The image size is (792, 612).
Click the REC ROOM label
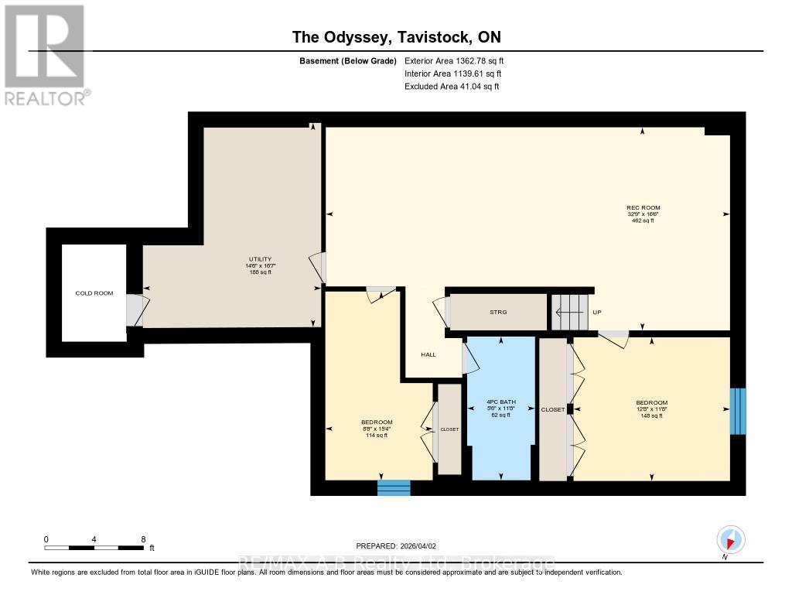coord(643,207)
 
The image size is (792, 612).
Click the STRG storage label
coord(498,312)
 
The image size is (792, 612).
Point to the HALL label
coord(428,354)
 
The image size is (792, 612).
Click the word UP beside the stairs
coord(596,313)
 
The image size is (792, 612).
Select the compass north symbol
coord(730,539)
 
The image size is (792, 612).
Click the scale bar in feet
coord(94,547)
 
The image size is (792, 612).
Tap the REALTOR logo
coord(46,54)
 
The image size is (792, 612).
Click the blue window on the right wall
coord(739,411)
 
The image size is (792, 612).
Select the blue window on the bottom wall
coord(394,487)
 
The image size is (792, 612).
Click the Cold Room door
coord(135,310)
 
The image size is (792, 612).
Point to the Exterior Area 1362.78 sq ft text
coord(453,60)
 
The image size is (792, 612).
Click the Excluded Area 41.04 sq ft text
coord(452,87)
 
